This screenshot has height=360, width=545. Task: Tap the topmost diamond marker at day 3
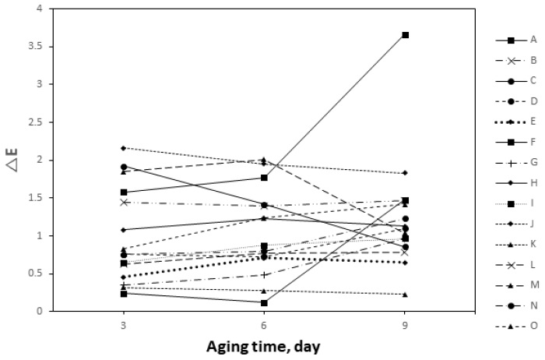coord(123,148)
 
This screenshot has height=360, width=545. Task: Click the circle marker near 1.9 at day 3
coord(123,167)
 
